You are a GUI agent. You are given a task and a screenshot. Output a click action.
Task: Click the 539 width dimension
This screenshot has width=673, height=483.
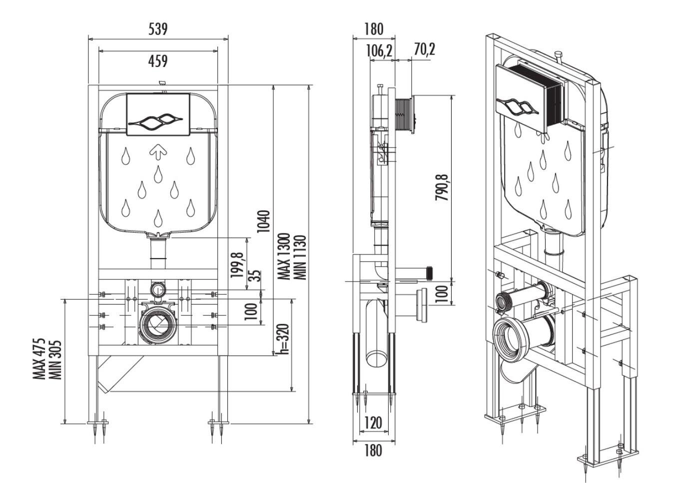(x=158, y=29)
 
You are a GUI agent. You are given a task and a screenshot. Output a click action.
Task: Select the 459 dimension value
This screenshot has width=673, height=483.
(x=158, y=61)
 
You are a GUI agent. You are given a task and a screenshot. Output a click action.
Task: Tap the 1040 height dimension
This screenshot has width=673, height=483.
(x=264, y=221)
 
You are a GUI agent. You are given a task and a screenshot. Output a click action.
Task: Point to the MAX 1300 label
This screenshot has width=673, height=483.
(x=284, y=256)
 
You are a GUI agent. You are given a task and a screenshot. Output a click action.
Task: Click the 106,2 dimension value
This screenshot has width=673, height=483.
(x=379, y=50)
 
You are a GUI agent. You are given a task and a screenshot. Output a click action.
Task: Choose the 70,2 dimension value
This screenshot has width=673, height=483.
(x=424, y=49)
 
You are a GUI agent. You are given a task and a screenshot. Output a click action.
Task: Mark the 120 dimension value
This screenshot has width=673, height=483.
(x=373, y=423)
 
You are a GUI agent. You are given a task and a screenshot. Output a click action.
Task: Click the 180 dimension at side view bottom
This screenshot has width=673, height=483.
(x=373, y=450)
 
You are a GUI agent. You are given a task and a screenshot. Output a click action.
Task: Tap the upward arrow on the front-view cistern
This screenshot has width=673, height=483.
(x=158, y=150)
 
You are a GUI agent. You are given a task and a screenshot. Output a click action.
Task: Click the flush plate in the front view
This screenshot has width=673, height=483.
(x=158, y=114)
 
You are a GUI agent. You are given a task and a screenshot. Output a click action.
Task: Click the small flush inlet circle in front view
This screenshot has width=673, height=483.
(x=158, y=289)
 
